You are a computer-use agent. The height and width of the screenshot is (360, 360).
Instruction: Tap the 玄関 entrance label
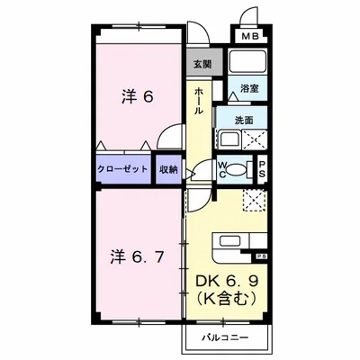(x=202, y=65)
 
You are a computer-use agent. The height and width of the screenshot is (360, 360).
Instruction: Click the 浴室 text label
(x=248, y=90)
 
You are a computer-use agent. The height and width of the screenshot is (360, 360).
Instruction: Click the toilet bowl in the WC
(x=235, y=169)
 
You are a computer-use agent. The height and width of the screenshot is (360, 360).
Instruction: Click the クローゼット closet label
(x=124, y=168)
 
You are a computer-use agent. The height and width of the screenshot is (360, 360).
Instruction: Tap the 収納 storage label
(x=168, y=168)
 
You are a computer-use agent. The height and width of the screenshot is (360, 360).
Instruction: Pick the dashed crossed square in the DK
(x=253, y=200)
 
